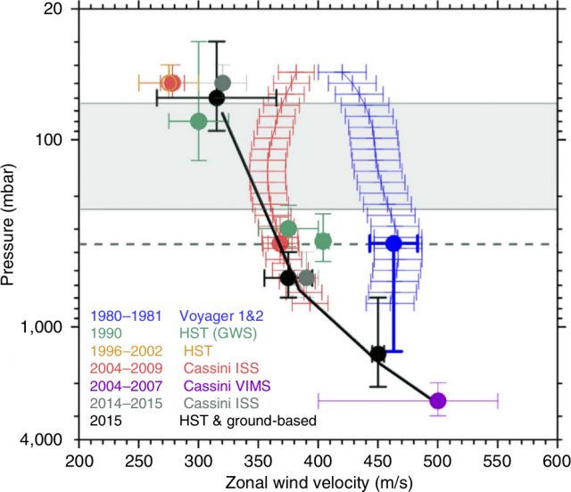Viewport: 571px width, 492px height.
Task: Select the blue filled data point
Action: (393, 242)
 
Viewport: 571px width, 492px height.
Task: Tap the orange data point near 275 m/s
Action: (170, 83)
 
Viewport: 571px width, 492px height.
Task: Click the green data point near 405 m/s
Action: (323, 241)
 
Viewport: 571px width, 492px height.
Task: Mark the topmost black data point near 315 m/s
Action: (217, 97)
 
